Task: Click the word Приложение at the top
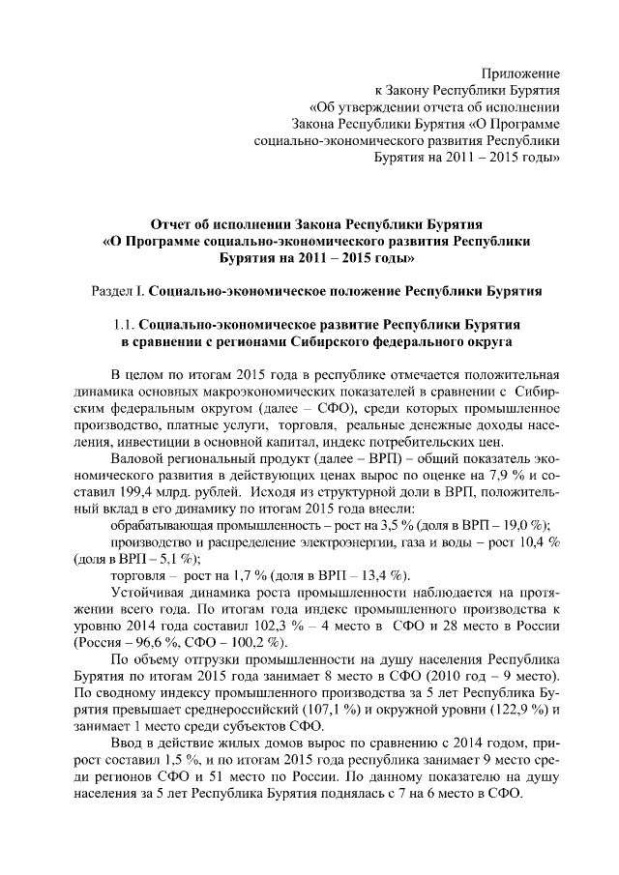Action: point(522,73)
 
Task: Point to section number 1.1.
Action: point(126,324)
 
